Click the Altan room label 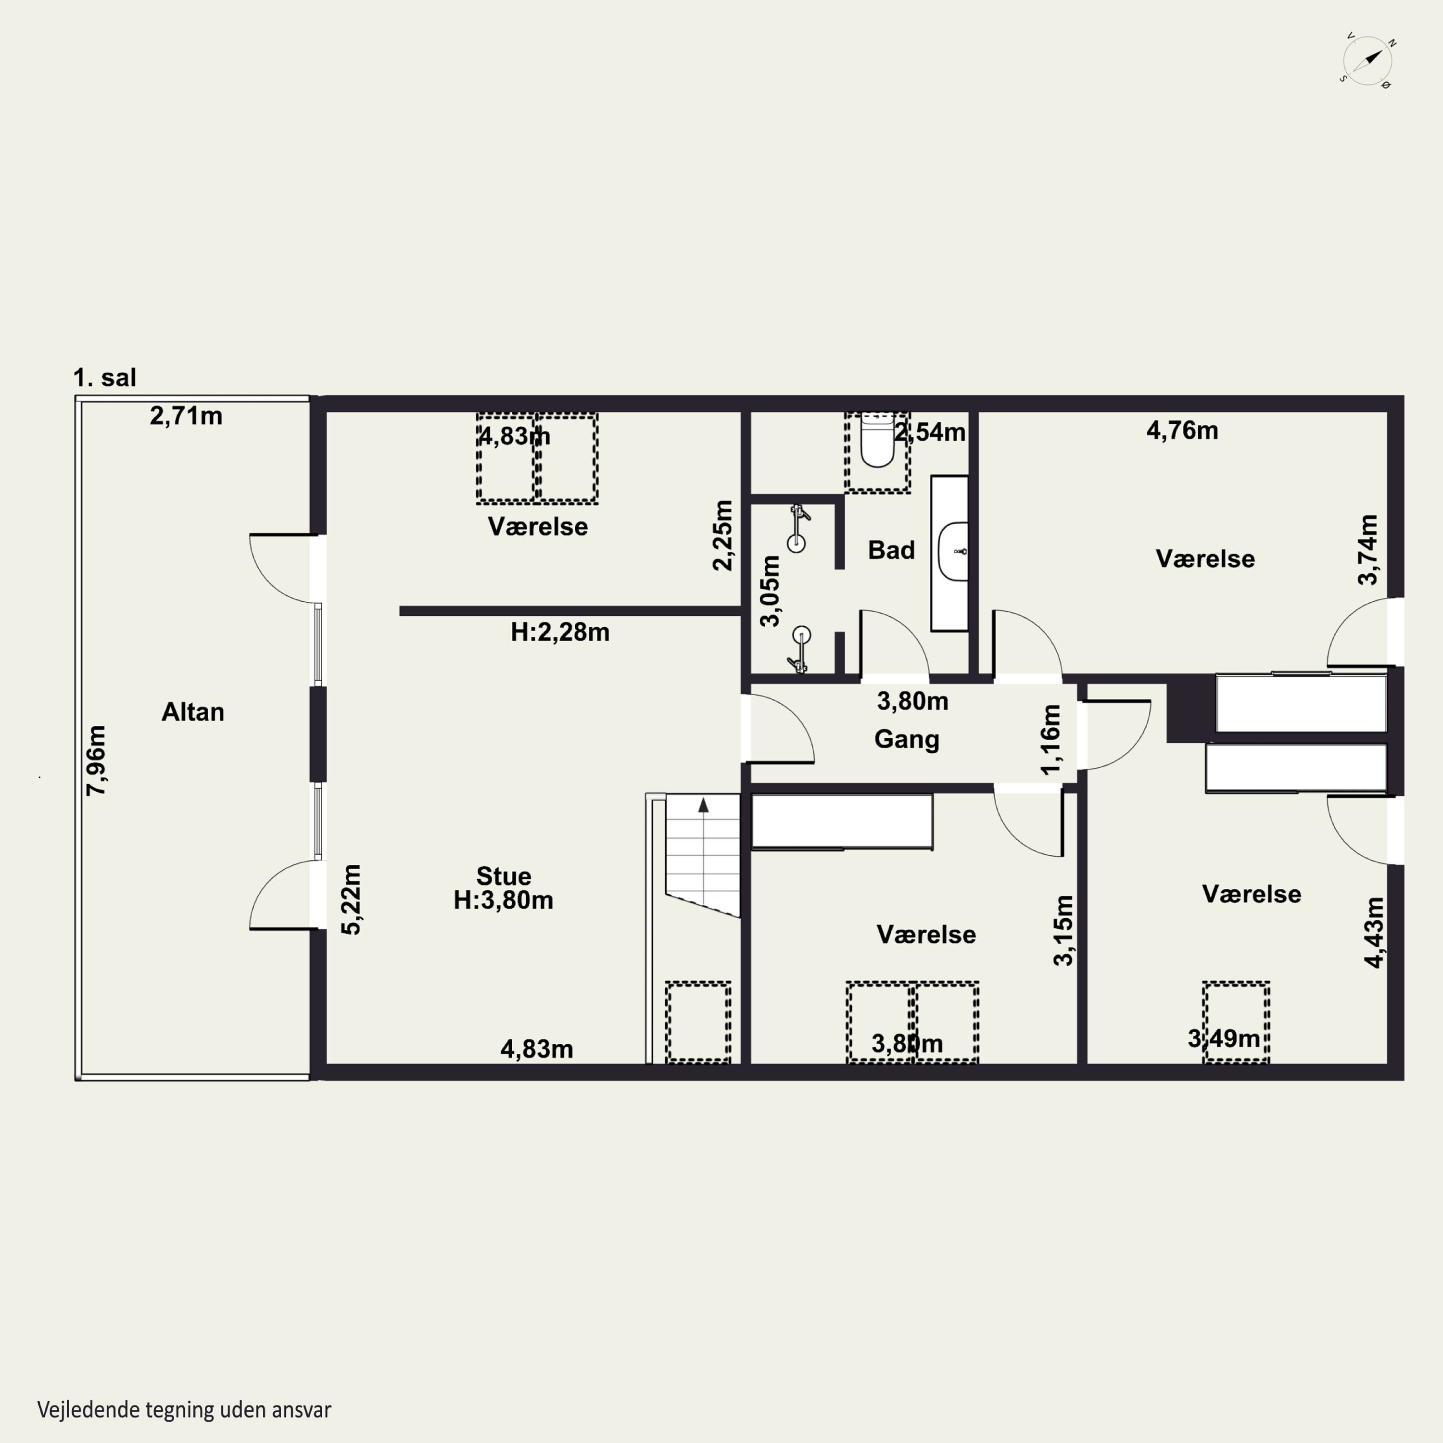193,712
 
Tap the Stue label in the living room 504,875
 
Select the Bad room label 891,550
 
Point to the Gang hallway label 907,739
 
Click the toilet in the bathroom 877,441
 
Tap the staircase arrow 703,804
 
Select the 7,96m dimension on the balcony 96,760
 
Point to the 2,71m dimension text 186,416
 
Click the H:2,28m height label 560,632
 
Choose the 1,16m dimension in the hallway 1050,739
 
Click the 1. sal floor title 104,377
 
